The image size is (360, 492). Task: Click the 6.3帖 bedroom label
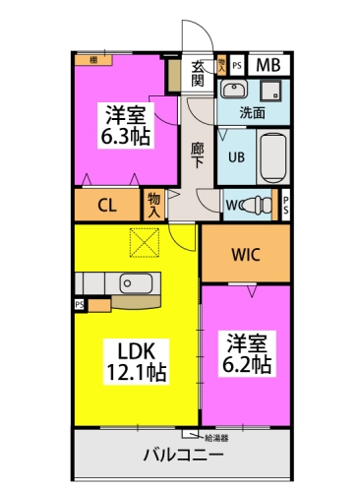tap(127, 126)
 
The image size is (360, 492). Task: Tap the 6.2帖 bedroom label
tap(247, 351)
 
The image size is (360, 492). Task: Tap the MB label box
tap(268, 66)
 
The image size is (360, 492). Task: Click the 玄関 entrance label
tap(198, 73)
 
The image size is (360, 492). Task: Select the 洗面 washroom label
tap(252, 113)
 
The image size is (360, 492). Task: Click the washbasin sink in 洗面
tap(233, 92)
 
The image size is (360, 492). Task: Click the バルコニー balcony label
tap(182, 457)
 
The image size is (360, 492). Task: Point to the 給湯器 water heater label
tap(217, 435)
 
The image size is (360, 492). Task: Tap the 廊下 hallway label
tap(198, 153)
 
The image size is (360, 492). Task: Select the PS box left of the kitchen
tap(79, 305)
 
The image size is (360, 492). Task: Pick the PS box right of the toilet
tap(285, 205)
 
